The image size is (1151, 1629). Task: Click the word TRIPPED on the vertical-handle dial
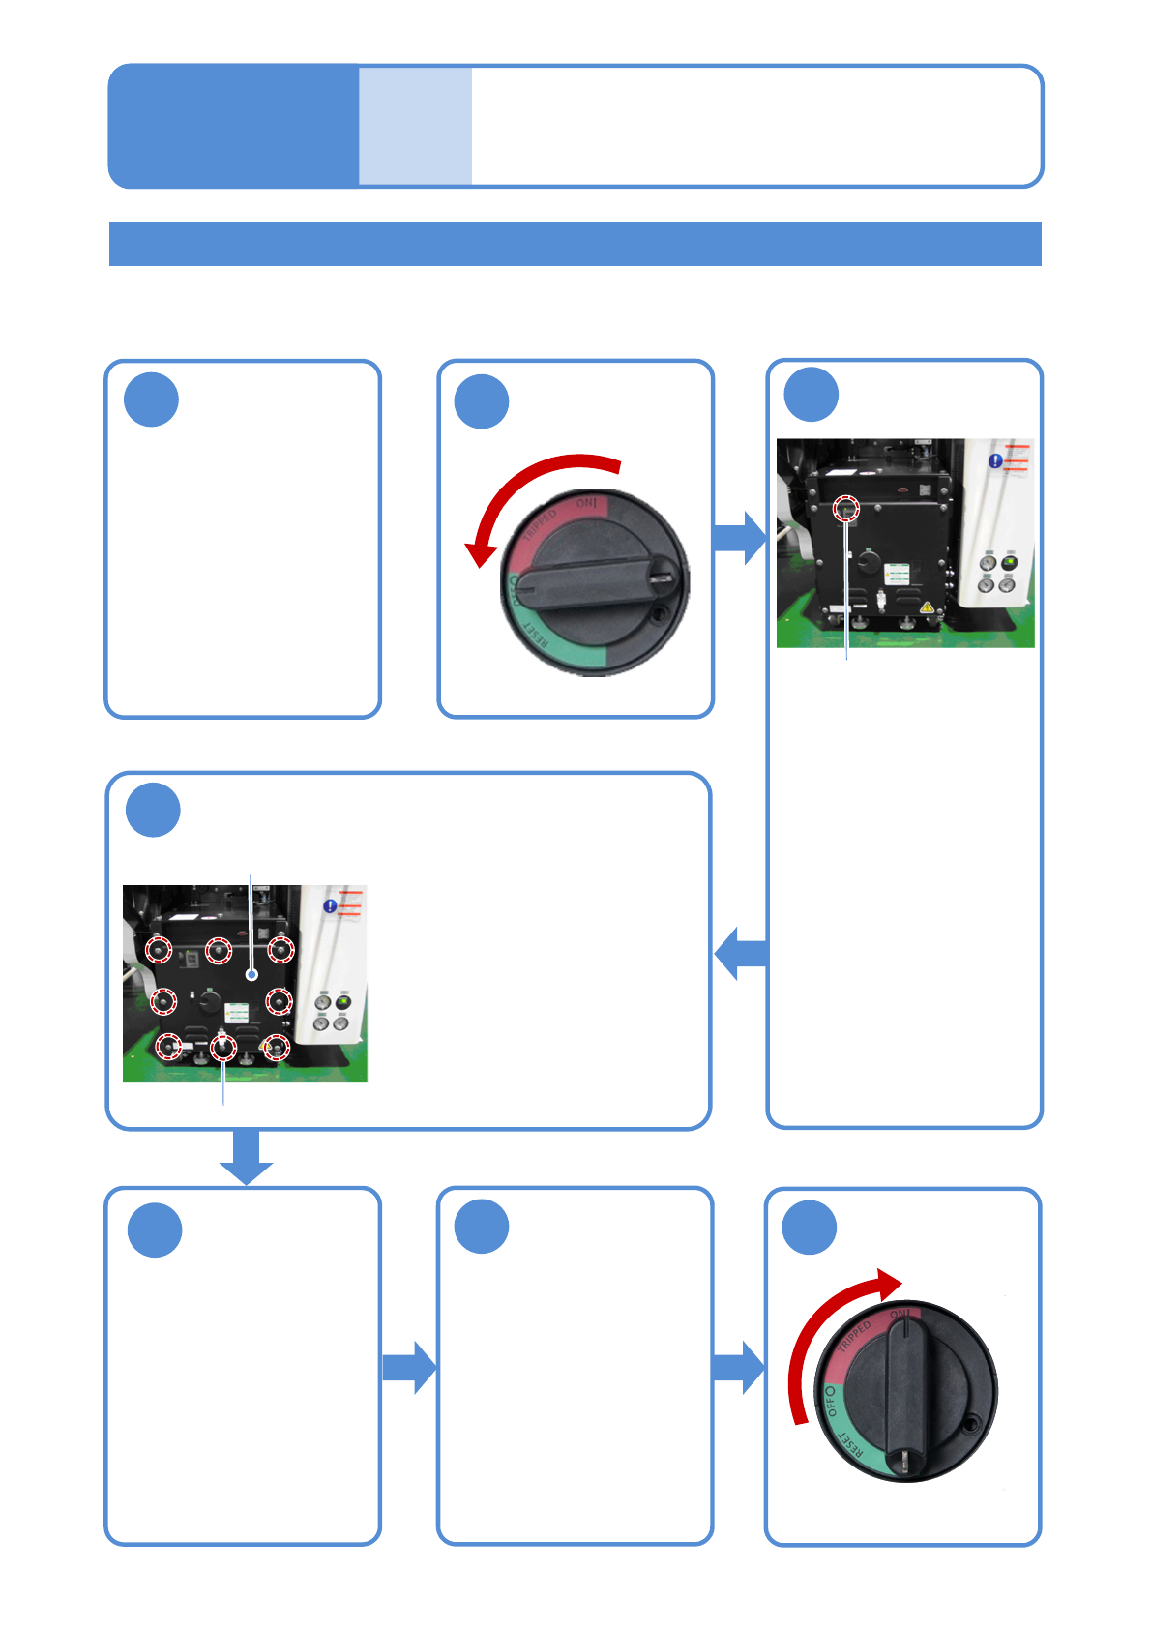coord(854,1337)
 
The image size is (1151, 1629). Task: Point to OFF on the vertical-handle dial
coord(830,1401)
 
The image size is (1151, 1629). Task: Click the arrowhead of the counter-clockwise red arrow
coord(479,555)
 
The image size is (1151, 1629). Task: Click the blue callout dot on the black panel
coord(251,974)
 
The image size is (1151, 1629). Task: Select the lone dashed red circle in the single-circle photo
coord(846,507)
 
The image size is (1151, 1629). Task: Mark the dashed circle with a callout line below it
coord(223,1047)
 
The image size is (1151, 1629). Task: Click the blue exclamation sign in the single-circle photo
coord(994,461)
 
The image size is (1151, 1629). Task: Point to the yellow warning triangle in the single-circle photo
coord(927,607)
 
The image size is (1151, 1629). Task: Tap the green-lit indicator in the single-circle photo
coord(1009,562)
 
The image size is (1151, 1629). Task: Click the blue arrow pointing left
coord(741,953)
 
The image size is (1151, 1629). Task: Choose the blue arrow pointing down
coord(247,1157)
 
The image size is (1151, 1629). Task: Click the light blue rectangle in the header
coord(415,126)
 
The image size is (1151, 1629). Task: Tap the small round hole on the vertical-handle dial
coord(970,1423)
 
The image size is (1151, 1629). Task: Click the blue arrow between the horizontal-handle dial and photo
coord(740,538)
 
